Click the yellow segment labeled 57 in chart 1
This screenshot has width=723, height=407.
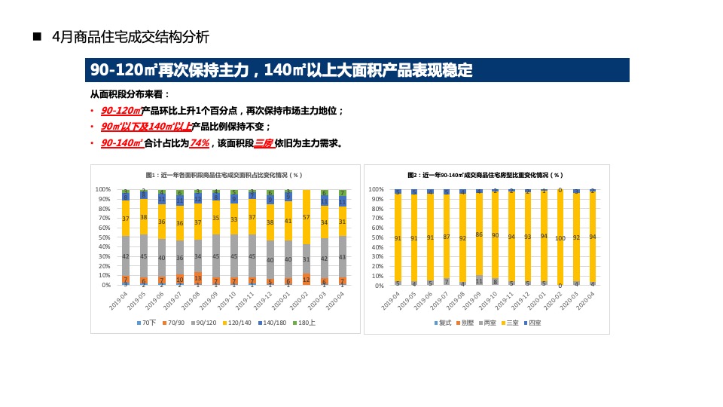pyautogui.click(x=306, y=217)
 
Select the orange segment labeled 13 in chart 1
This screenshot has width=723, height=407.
pyautogui.click(x=198, y=278)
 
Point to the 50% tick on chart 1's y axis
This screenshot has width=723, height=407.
pyautogui.click(x=104, y=237)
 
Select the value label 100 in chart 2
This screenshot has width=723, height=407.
pyautogui.click(x=560, y=238)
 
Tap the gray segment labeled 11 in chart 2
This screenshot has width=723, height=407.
pyautogui.click(x=479, y=280)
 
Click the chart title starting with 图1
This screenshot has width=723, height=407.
pyautogui.click(x=226, y=175)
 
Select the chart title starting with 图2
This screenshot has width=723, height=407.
pyautogui.click(x=486, y=175)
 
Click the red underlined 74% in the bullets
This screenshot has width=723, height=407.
pyautogui.click(x=200, y=143)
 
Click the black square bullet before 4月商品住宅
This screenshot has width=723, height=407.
pyautogui.click(x=36, y=37)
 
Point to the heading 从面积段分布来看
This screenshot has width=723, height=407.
pyautogui.click(x=130, y=94)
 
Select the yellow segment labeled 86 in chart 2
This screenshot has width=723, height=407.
pyautogui.click(x=479, y=234)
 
